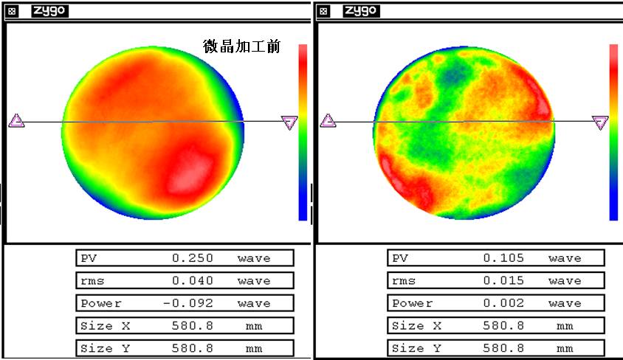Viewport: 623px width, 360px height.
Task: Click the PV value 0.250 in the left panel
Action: click(193, 258)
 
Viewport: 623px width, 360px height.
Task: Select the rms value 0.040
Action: click(193, 280)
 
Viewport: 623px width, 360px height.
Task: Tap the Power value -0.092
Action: click(189, 303)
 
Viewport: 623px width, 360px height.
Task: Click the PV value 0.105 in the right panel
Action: click(503, 258)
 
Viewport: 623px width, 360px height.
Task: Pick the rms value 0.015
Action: click(503, 280)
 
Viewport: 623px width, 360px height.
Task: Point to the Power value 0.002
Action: click(503, 303)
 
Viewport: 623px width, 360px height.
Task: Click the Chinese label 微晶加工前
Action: click(241, 46)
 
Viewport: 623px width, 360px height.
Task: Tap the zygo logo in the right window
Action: click(361, 10)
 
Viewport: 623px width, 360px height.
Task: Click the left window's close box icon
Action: click(13, 11)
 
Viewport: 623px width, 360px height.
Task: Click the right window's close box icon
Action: click(323, 11)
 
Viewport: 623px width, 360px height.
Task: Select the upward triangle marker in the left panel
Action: click(16, 121)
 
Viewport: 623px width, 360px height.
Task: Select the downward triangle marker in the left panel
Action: click(289, 122)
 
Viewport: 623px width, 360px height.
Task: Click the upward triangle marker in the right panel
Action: click(328, 121)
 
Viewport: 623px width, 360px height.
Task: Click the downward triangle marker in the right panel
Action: click(600, 122)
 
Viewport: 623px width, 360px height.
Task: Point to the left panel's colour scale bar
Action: click(303, 132)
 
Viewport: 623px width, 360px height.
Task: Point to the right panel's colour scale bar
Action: click(613, 132)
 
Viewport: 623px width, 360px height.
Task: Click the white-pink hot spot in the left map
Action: click(190, 170)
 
